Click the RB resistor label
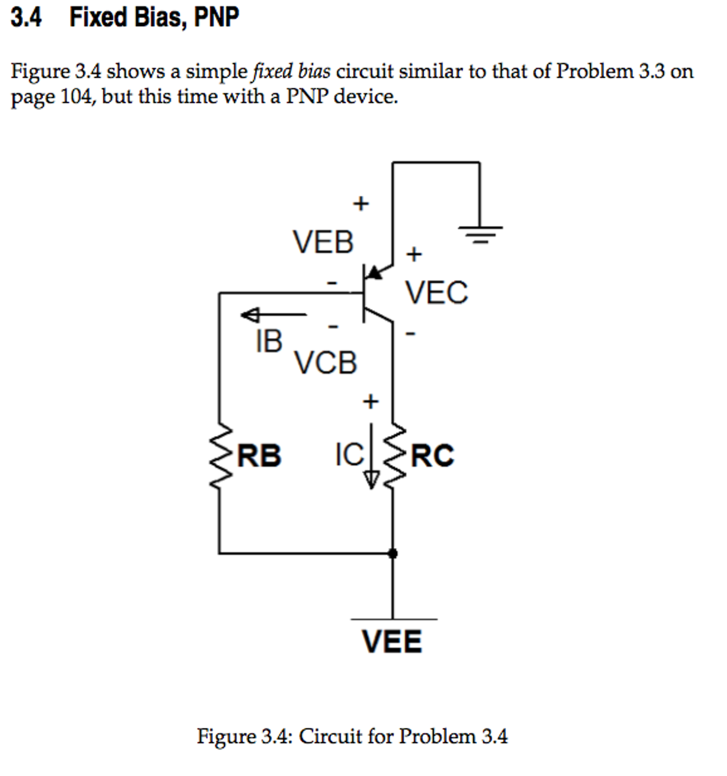tap(259, 455)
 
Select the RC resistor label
tap(432, 455)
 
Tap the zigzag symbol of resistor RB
tap(220, 455)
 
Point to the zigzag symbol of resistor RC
tap(394, 455)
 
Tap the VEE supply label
tap(392, 641)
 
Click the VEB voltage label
tap(323, 242)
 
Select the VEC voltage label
tap(436, 293)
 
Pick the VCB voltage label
tap(325, 363)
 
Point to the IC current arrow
tap(371, 457)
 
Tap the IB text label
tap(269, 341)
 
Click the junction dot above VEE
tap(393, 553)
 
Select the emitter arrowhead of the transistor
tap(375, 273)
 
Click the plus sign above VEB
tap(361, 203)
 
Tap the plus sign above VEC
tap(414, 254)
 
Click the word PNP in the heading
tap(217, 17)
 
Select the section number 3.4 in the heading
tap(26, 17)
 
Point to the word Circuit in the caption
tap(331, 736)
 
